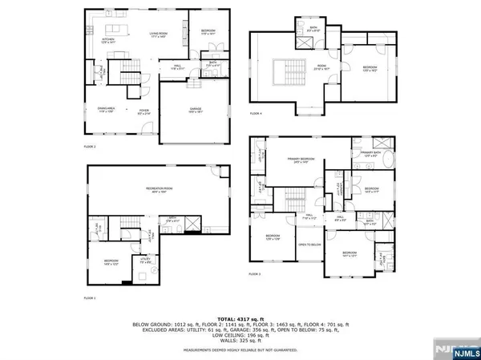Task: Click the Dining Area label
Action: click(x=106, y=111)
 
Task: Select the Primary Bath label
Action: click(x=371, y=153)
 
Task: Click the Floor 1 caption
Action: click(x=90, y=297)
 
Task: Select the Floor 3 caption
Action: click(x=255, y=275)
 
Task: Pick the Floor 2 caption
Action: click(x=90, y=148)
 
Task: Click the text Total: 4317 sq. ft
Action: click(x=240, y=310)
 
